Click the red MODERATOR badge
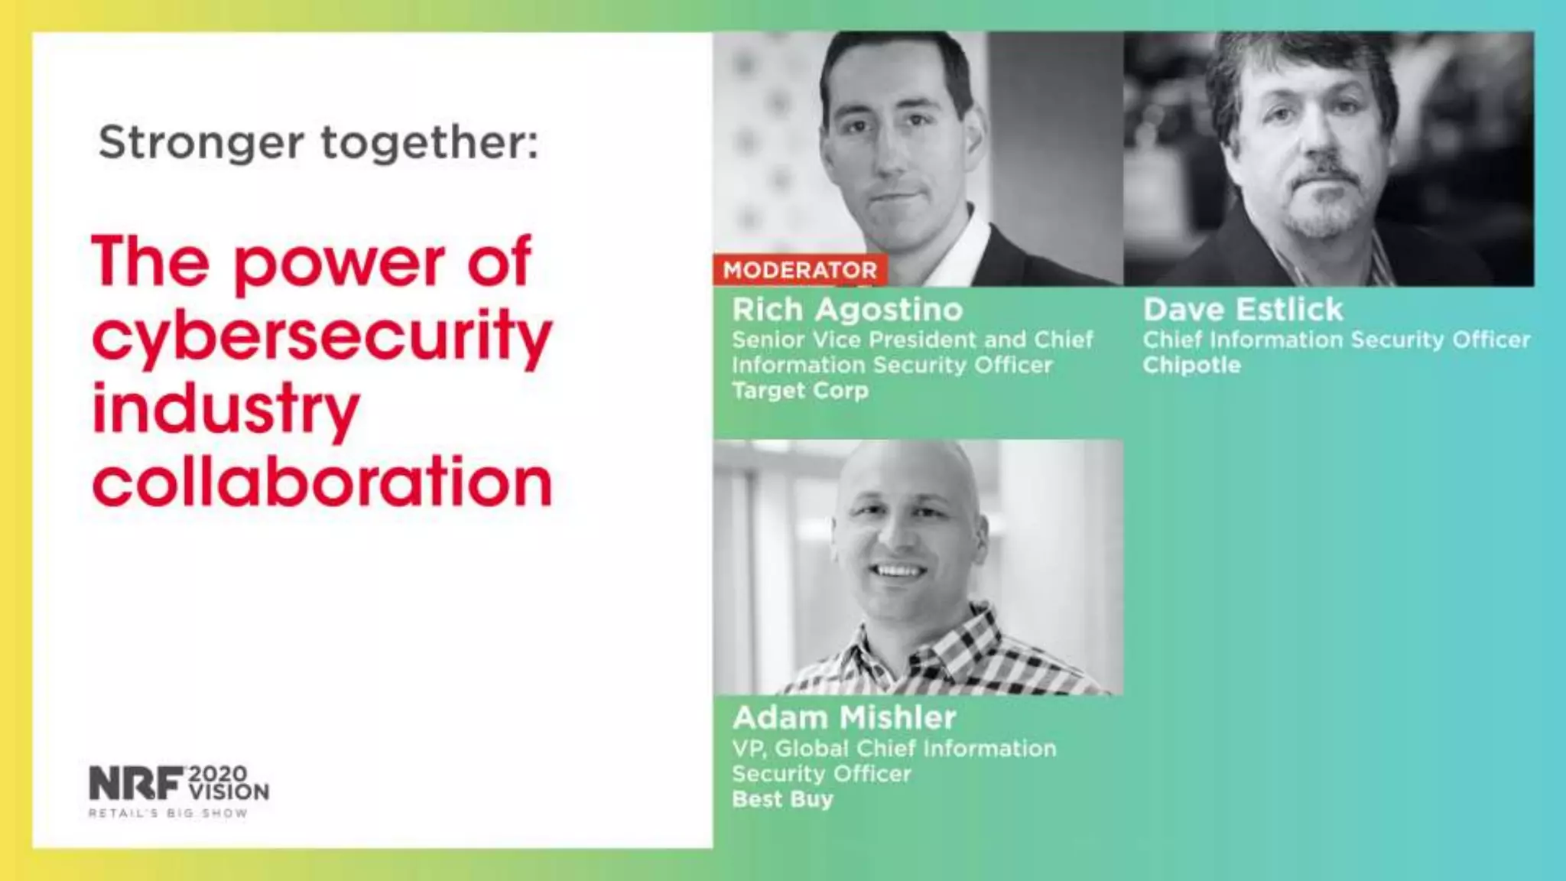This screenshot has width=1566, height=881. point(800,270)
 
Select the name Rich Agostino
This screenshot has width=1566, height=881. point(847,310)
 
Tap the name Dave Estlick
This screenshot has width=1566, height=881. point(1243,310)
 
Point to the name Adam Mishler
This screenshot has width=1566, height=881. point(844,718)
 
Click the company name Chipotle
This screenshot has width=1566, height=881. point(1191,366)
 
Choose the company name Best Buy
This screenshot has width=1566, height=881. point(782,799)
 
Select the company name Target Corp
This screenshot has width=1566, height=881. point(800,391)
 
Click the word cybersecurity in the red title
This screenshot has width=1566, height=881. point(321,336)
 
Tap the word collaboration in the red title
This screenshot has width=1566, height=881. point(321,482)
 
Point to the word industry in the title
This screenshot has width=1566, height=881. point(226,409)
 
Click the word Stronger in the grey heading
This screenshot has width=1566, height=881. point(201,143)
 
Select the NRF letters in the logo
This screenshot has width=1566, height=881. point(136,783)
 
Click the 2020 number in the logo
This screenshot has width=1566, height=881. point(218,774)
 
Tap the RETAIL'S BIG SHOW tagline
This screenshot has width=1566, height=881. point(168,813)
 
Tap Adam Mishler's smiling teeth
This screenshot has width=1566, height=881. point(900,571)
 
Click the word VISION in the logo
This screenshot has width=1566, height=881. point(229,792)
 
